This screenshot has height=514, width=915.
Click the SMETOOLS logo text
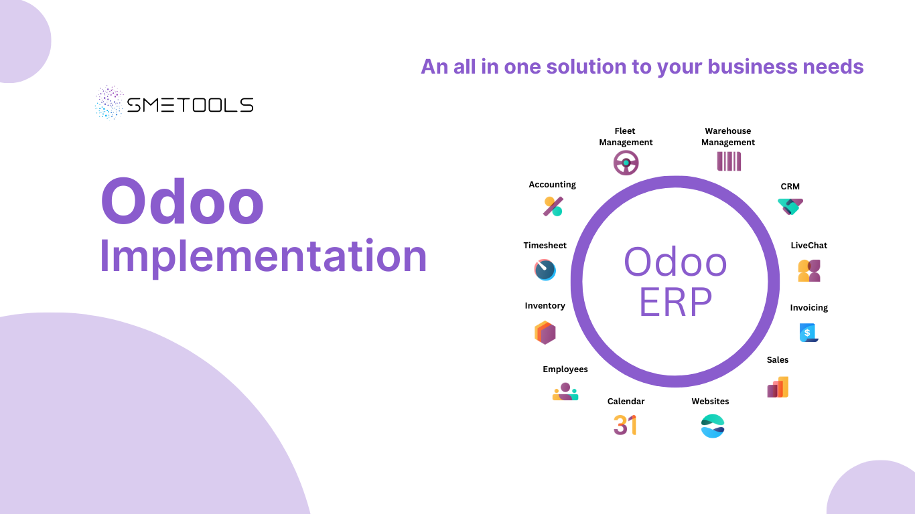(x=190, y=105)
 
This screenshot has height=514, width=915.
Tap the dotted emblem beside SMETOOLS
(x=109, y=102)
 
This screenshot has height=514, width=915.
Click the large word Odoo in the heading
(x=182, y=201)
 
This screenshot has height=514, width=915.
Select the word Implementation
(x=263, y=256)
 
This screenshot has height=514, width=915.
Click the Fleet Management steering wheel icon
(x=626, y=163)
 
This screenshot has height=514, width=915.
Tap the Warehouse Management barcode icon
(x=729, y=161)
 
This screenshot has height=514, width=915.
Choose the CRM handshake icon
(x=790, y=206)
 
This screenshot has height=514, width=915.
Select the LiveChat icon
(x=809, y=270)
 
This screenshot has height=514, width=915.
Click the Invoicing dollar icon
(x=808, y=332)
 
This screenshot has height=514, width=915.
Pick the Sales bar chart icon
(x=778, y=387)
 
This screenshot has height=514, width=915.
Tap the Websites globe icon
(x=713, y=426)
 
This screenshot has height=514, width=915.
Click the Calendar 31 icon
(x=625, y=425)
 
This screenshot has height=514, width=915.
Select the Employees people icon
(x=565, y=392)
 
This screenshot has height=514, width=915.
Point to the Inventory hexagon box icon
(x=545, y=333)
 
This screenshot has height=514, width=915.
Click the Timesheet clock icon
(x=545, y=270)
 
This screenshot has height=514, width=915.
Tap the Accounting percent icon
(x=553, y=206)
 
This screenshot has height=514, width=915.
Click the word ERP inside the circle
(x=675, y=302)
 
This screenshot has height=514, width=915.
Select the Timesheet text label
(x=545, y=246)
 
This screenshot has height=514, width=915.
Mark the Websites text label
(x=710, y=402)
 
